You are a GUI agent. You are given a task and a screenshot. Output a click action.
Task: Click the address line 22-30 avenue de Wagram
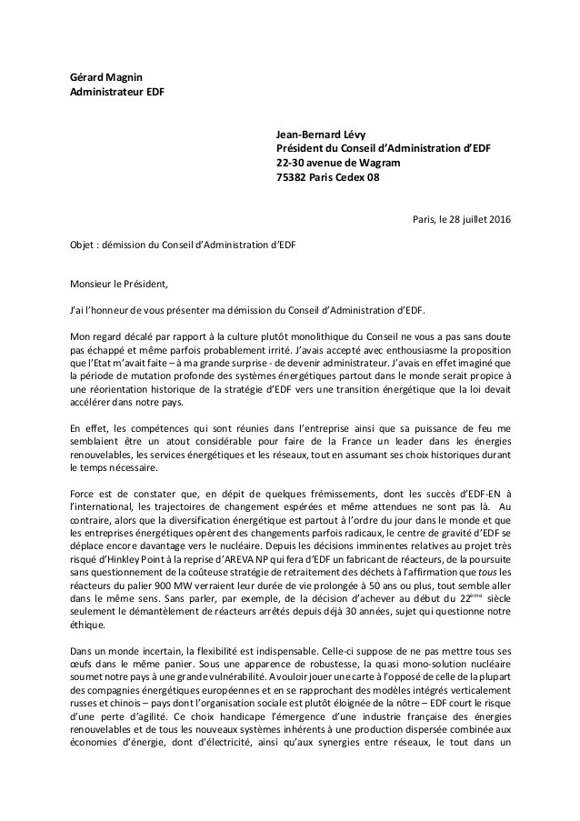click(337, 163)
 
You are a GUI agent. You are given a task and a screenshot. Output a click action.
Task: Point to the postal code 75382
click(294, 177)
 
